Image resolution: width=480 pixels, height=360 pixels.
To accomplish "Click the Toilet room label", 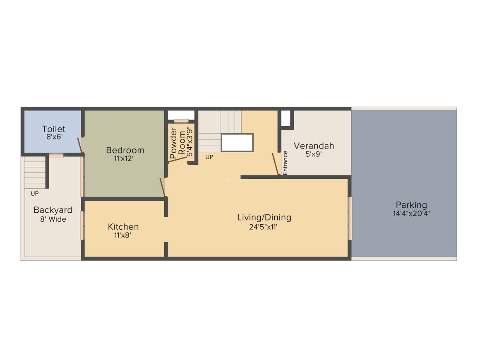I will coord(53,129).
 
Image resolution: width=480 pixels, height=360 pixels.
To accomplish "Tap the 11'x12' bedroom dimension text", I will coord(125,158).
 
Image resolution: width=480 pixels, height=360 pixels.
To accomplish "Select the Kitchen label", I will coord(123,227).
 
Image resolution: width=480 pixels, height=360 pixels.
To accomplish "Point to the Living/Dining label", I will coord(264,217).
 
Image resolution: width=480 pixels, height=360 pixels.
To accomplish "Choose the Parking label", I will coord(411,205).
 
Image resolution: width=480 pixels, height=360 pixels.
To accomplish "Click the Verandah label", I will coord(314,146).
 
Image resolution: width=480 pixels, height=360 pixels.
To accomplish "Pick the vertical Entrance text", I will coord(285,162).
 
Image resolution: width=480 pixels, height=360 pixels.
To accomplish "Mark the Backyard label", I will coord(53,210).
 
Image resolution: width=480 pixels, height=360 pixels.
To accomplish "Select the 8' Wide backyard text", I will coord(53,219).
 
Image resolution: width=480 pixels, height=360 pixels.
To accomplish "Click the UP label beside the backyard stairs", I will coord(35,193).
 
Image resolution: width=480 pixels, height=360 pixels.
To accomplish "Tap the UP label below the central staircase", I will coord(209,157).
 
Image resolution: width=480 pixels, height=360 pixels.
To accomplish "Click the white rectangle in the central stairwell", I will coord(237,142).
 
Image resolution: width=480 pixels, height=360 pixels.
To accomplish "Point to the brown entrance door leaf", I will coord(276,164).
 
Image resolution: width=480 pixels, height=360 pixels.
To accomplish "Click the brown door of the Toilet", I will coord(79,145).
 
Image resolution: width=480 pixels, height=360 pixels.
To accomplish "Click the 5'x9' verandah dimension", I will coord(314,154).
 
